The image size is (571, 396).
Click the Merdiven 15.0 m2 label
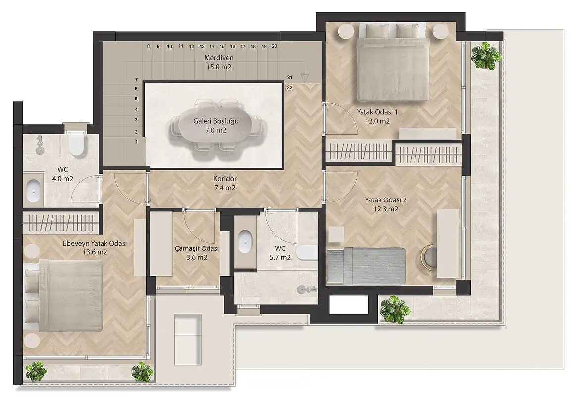click(219, 62)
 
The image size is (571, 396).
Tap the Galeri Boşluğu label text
click(216, 121)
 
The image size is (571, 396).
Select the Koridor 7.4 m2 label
click(225, 183)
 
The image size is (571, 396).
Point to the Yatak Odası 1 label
click(377, 112)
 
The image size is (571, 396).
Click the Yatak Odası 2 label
click(386, 200)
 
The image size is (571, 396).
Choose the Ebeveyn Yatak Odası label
click(95, 243)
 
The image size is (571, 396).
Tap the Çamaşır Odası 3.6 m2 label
click(197, 253)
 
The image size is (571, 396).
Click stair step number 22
click(290, 87)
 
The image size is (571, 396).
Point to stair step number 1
click(137, 142)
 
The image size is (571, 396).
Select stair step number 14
click(212, 46)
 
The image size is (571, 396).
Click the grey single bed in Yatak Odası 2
click(366, 266)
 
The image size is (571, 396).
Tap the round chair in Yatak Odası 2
click(429, 256)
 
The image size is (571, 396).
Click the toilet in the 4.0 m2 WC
click(77, 145)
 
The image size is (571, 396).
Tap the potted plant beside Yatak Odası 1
click(486, 55)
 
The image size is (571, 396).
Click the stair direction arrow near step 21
click(305, 78)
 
